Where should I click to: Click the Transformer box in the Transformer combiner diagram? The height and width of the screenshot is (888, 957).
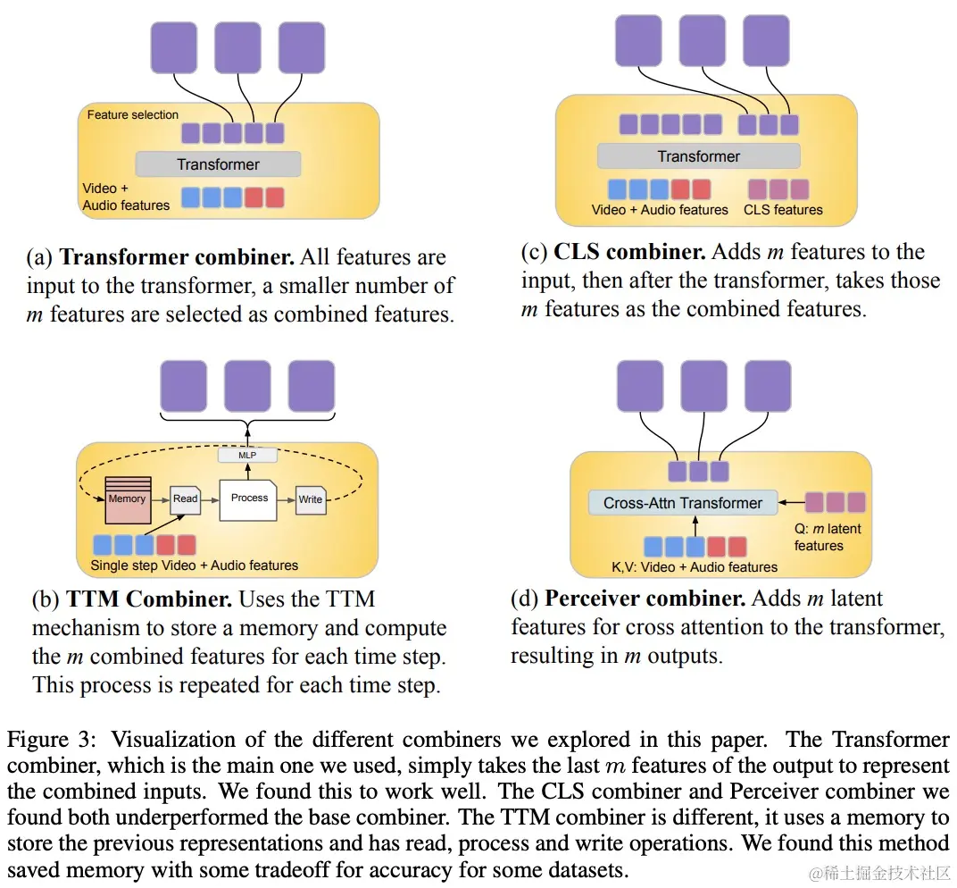pos(218,164)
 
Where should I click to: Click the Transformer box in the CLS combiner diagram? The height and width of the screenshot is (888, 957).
pos(698,156)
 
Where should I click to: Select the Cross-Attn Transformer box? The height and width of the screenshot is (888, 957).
pos(683,503)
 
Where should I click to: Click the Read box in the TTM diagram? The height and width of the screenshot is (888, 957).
pos(186,499)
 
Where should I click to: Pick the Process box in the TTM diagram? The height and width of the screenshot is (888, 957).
pos(249,498)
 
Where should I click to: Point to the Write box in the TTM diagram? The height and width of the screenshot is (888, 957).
pos(311,499)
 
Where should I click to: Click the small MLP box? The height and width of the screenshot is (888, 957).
pos(248,456)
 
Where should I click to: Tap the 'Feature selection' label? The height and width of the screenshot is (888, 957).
pos(133,115)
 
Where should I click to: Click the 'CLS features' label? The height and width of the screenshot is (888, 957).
pos(783,210)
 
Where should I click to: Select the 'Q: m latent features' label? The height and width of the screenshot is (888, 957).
pos(827,537)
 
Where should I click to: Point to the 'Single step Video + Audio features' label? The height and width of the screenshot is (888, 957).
pos(194,565)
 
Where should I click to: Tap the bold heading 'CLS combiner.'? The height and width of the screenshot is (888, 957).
pos(629,252)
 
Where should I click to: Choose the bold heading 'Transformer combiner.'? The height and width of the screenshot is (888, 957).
pos(177,258)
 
